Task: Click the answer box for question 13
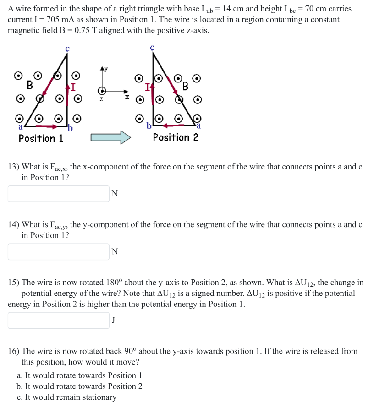click(59, 194)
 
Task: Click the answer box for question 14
click(59, 251)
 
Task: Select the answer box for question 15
click(59, 320)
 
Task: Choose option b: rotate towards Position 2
click(79, 386)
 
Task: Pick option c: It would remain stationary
click(66, 397)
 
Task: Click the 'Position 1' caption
click(41, 138)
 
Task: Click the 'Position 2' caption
click(176, 137)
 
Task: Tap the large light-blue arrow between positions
click(110, 137)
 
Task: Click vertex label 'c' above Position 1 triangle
click(67, 48)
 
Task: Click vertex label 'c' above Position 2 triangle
click(152, 47)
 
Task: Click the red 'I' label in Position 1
click(73, 86)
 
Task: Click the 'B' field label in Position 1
click(30, 85)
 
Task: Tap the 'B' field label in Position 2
click(185, 85)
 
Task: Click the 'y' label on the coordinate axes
click(105, 68)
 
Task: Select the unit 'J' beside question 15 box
click(114, 320)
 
